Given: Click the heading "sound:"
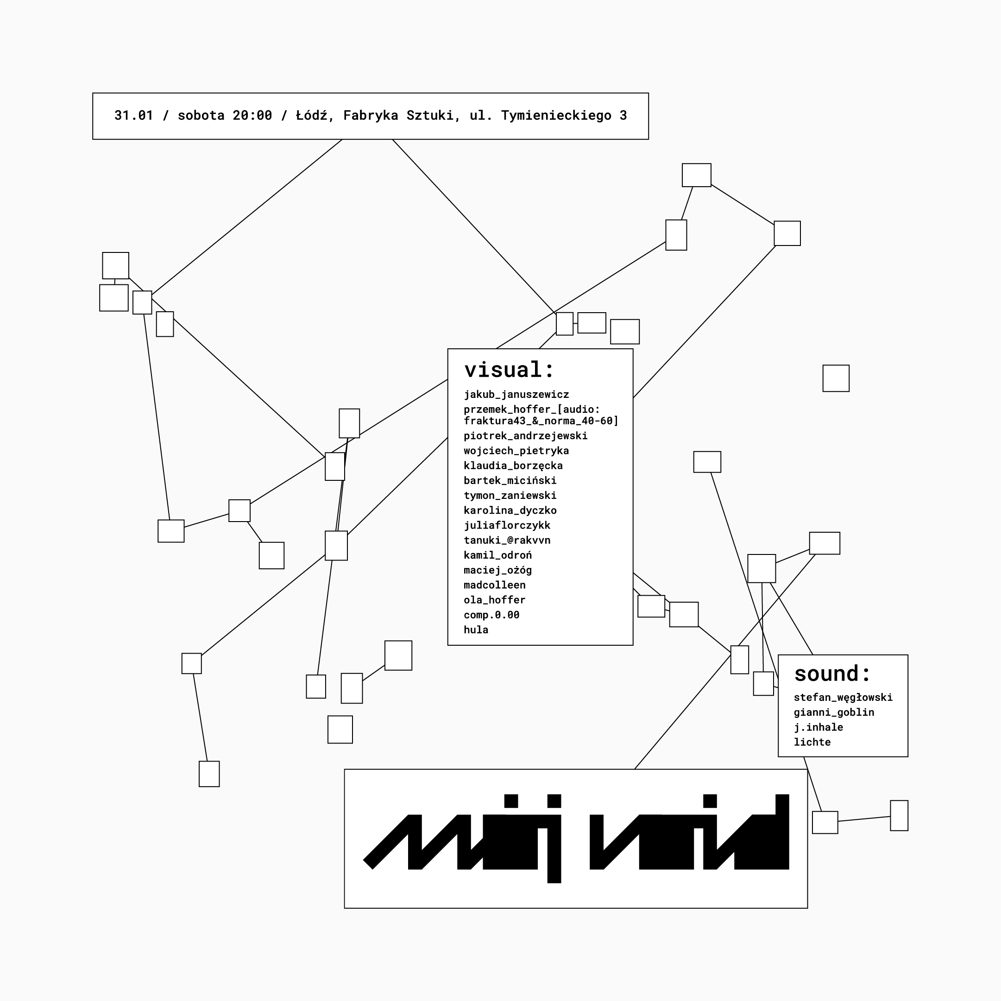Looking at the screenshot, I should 831,674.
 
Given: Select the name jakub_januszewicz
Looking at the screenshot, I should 516,395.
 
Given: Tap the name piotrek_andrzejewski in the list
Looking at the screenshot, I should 525,436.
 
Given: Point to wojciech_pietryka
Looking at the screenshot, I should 516,451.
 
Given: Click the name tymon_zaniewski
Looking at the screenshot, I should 510,495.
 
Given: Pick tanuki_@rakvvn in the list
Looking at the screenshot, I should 507,541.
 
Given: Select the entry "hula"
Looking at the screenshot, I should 476,630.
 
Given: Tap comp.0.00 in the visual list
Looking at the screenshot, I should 491,615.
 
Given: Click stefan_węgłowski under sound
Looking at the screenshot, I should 843,698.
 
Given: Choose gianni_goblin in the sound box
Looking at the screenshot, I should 834,712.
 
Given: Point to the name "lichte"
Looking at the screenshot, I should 812,743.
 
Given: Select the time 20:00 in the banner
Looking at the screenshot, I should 252,115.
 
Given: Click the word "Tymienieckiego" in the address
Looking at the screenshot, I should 556,115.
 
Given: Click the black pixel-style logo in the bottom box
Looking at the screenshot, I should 576,839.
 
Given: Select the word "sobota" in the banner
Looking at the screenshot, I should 201,115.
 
